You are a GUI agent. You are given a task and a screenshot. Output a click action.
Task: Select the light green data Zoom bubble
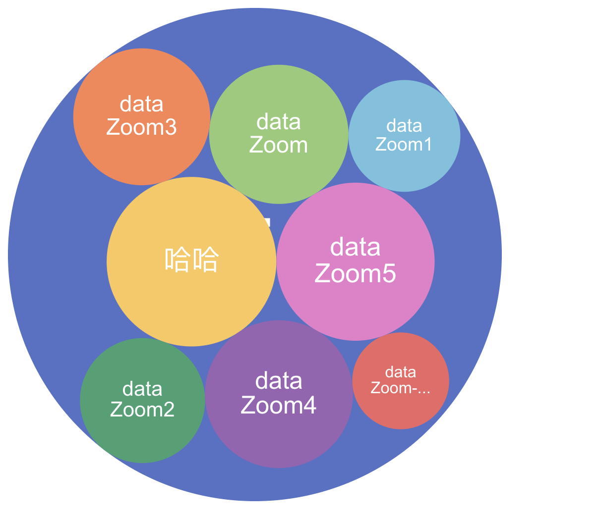[x=279, y=173]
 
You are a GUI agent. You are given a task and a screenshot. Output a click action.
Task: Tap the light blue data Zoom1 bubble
[x=404, y=168]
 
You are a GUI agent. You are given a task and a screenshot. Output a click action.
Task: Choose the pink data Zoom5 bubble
[x=356, y=307]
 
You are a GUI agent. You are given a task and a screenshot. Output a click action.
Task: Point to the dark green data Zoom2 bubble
[x=142, y=436]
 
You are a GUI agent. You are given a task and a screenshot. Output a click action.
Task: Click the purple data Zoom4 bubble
[x=279, y=436]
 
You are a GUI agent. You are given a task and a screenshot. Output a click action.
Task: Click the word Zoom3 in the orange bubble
[x=141, y=127]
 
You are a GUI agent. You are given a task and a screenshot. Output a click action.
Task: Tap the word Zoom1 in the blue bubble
[x=404, y=144]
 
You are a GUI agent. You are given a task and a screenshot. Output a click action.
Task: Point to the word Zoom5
[x=356, y=273]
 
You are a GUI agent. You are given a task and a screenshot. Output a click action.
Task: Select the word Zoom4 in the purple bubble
[x=279, y=405]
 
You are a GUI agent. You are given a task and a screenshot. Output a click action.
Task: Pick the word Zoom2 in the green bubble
[x=142, y=410]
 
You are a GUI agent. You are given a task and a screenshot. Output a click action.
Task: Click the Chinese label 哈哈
[x=191, y=259]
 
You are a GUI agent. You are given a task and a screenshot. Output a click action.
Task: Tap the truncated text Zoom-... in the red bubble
[x=401, y=388]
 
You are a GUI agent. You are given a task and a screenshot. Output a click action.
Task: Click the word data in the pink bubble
[x=356, y=247]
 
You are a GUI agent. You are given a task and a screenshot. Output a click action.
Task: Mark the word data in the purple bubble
[x=279, y=381]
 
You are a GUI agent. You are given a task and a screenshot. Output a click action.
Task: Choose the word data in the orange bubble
[x=142, y=104]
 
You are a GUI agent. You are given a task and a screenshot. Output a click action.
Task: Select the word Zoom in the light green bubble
[x=279, y=145]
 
